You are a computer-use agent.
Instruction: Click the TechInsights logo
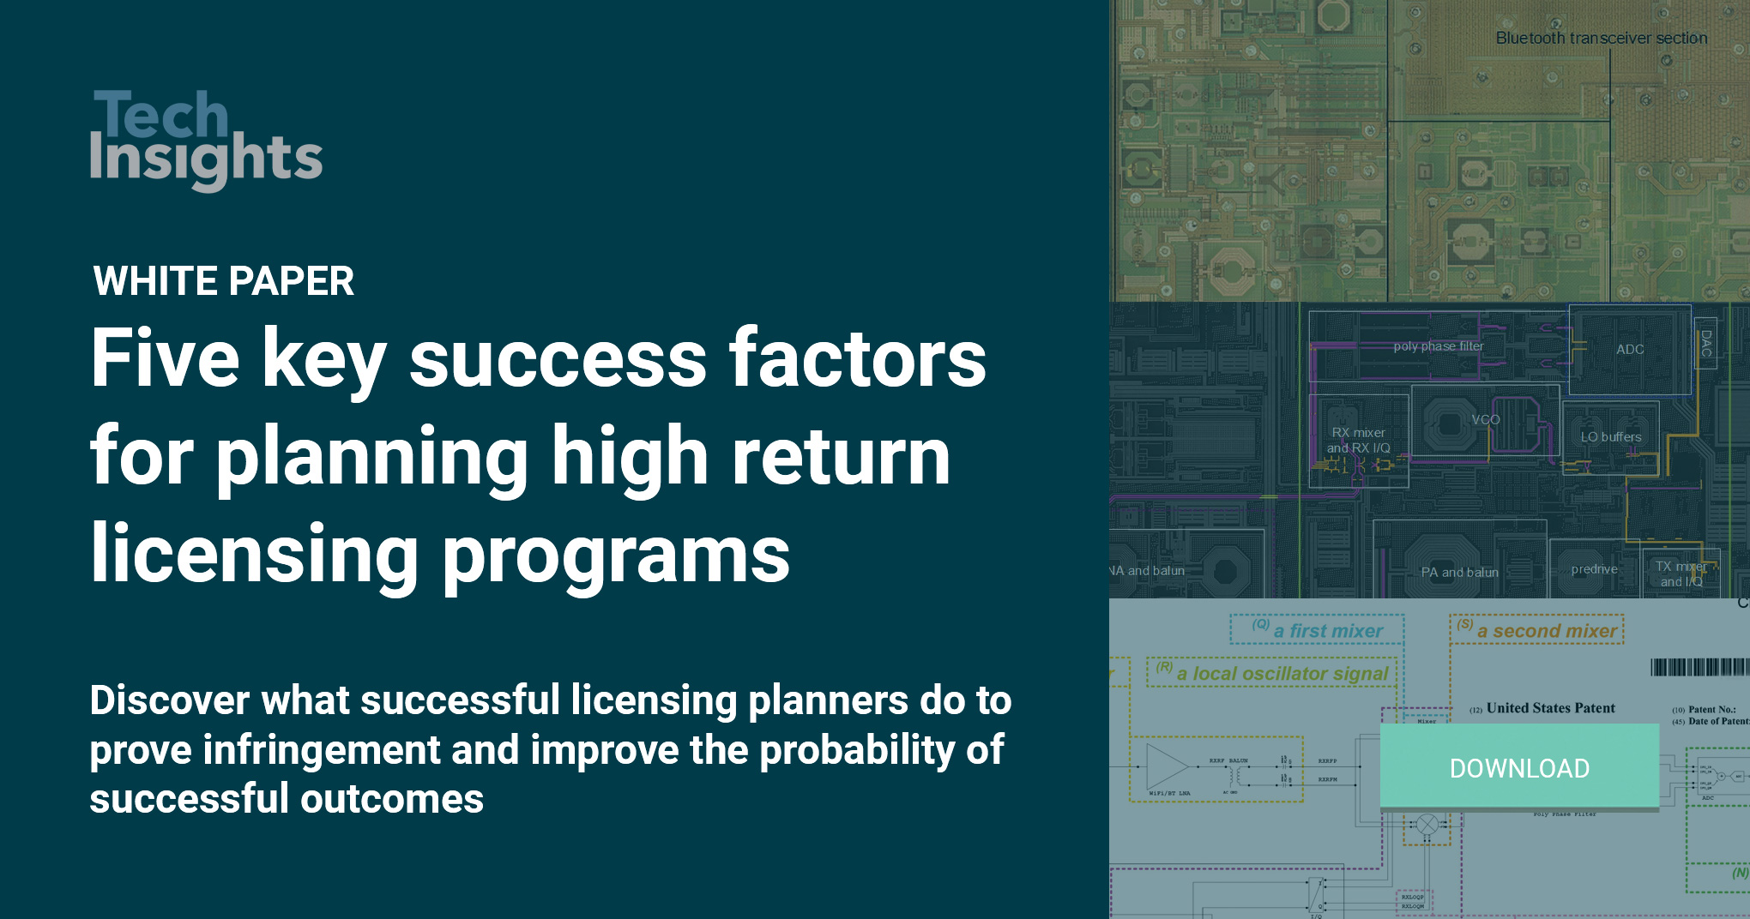pos(206,139)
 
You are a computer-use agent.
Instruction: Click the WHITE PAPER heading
pos(223,281)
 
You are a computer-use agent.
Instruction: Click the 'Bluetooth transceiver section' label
pos(1601,39)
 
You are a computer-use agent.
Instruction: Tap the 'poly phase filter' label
pos(1438,346)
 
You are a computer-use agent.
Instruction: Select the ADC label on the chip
pos(1630,350)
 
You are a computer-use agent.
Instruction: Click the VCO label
pos(1485,419)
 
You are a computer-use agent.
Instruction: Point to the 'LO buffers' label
pos(1610,437)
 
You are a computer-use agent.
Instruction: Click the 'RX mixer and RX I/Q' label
pos(1358,441)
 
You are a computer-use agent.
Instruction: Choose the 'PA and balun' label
pos(1459,572)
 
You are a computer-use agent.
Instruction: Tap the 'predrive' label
pos(1594,569)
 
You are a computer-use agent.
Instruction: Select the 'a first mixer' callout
pos(1327,631)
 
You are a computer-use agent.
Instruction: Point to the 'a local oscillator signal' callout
pos(1282,674)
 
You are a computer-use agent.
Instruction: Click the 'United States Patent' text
pos(1550,708)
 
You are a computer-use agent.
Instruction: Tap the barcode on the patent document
pos(1699,667)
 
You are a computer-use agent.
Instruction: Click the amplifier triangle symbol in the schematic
pos(1166,765)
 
